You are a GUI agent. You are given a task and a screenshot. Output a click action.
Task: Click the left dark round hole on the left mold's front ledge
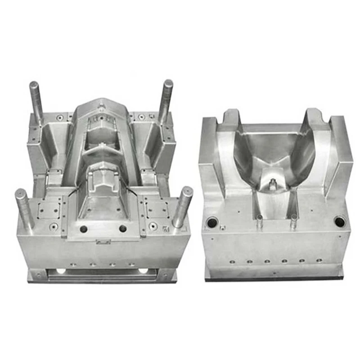pyautogui.click(x=83, y=229)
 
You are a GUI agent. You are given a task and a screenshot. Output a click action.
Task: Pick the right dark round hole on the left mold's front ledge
pyautogui.click(x=122, y=229)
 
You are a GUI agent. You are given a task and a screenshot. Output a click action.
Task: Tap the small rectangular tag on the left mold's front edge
pyautogui.click(x=103, y=242)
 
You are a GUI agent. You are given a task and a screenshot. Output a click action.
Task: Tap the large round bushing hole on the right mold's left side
pyautogui.click(x=211, y=222)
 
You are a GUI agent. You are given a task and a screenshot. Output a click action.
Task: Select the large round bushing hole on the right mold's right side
pyautogui.click(x=339, y=221)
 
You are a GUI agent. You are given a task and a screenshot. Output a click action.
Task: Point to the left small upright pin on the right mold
pyautogui.click(x=260, y=221)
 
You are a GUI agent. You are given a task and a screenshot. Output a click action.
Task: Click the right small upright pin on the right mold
pyautogui.click(x=293, y=221)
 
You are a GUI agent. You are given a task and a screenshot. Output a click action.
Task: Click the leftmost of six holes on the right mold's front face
pyautogui.click(x=232, y=261)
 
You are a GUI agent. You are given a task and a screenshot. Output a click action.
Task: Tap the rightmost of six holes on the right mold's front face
pyautogui.click(x=319, y=260)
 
